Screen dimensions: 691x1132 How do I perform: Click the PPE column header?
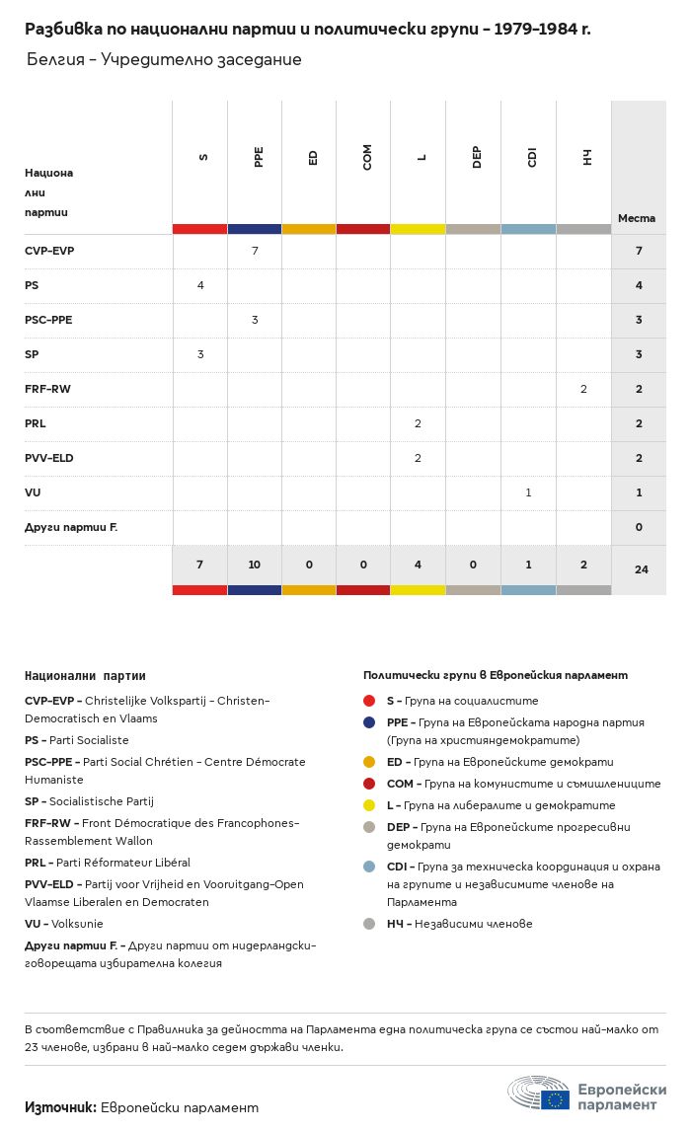[259, 157]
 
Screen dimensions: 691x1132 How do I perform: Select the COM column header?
[367, 157]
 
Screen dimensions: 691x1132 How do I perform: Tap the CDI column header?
[532, 157]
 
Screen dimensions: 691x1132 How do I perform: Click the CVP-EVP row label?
[49, 251]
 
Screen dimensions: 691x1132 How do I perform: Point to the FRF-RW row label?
[47, 389]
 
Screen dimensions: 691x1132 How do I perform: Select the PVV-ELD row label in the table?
[49, 458]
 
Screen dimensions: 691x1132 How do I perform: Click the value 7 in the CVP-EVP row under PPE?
[255, 251]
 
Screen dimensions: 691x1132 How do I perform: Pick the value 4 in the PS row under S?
[200, 285]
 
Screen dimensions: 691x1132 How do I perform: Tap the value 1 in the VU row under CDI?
[528, 492]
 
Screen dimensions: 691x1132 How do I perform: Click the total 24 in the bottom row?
[642, 569]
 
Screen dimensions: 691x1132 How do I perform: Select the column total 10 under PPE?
[254, 565]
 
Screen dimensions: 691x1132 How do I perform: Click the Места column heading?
[637, 218]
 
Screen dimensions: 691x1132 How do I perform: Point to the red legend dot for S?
[369, 701]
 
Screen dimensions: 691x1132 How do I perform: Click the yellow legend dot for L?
[369, 805]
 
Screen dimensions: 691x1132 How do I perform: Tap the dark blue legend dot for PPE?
[369, 722]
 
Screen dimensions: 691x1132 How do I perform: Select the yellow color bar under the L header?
[419, 229]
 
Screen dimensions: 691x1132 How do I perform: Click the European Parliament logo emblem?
[539, 1093]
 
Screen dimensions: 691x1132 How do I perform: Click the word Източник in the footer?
[60, 1107]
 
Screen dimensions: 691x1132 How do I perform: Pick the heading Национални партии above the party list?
[85, 676]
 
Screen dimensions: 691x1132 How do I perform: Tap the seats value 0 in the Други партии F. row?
[639, 527]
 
